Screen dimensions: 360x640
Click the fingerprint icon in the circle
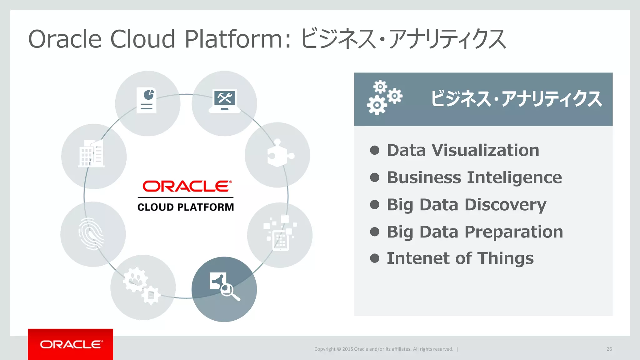click(91, 234)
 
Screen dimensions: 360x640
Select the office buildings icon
click(91, 153)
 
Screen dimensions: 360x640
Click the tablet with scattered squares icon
click(280, 233)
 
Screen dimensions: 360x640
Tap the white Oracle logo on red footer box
click(71, 344)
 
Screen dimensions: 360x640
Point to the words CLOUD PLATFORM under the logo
click(186, 207)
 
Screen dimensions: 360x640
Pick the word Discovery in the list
click(505, 205)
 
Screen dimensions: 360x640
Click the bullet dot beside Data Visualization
click(374, 150)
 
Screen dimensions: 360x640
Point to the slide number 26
click(609, 349)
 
